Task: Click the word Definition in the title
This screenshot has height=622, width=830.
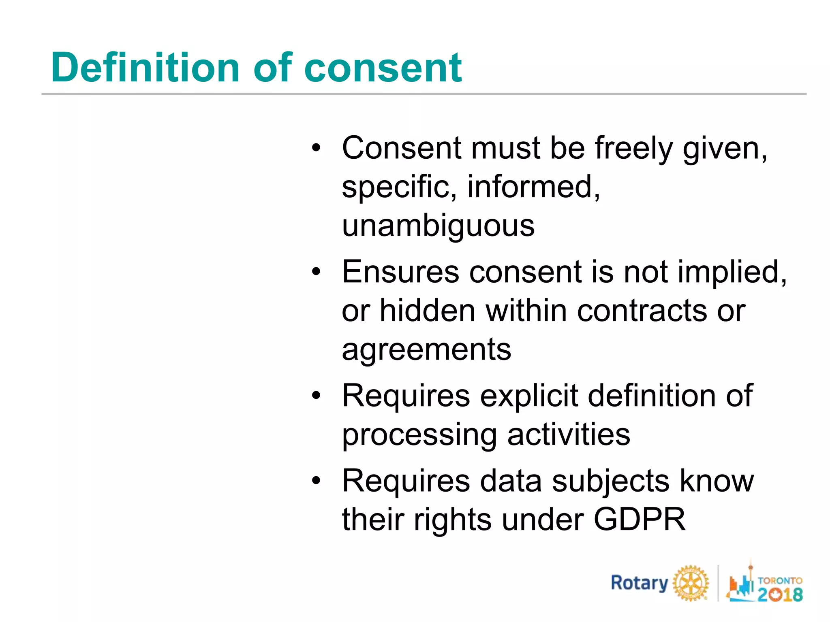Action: [145, 68]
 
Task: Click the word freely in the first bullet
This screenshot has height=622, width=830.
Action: [634, 149]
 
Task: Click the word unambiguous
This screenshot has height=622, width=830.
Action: [438, 226]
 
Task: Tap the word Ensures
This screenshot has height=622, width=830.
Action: [400, 272]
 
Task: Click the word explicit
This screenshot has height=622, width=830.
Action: [529, 396]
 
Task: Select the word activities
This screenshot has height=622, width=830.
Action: [569, 435]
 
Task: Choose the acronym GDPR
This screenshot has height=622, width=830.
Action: [640, 520]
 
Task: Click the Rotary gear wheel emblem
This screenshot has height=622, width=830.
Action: [691, 583]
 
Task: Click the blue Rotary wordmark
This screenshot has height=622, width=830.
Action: [639, 583]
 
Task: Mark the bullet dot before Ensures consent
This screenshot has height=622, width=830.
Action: [316, 272]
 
